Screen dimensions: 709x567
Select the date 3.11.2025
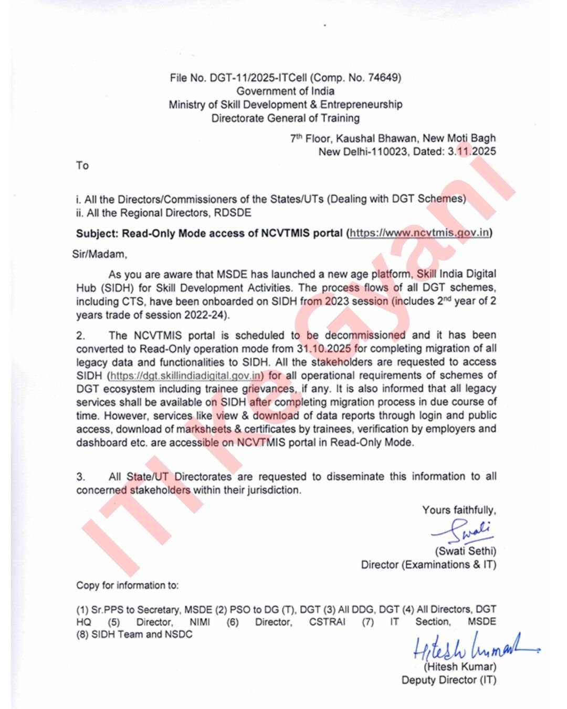(x=471, y=152)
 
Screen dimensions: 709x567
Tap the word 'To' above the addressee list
(x=82, y=165)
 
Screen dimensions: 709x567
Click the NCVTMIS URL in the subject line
(x=419, y=233)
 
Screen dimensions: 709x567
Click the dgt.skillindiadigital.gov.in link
(x=185, y=376)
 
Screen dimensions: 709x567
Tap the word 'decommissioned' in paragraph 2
(x=365, y=335)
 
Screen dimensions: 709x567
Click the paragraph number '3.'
(x=80, y=477)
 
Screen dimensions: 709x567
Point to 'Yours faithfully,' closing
(x=459, y=510)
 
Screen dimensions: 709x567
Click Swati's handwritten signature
(x=465, y=531)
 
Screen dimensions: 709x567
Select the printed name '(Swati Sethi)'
(x=465, y=551)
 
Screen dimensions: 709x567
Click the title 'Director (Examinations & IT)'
(x=428, y=565)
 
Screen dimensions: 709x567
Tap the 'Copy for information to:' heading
(x=128, y=585)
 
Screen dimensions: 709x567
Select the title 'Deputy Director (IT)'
(x=448, y=680)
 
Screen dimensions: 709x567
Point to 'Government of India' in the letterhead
(x=285, y=91)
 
